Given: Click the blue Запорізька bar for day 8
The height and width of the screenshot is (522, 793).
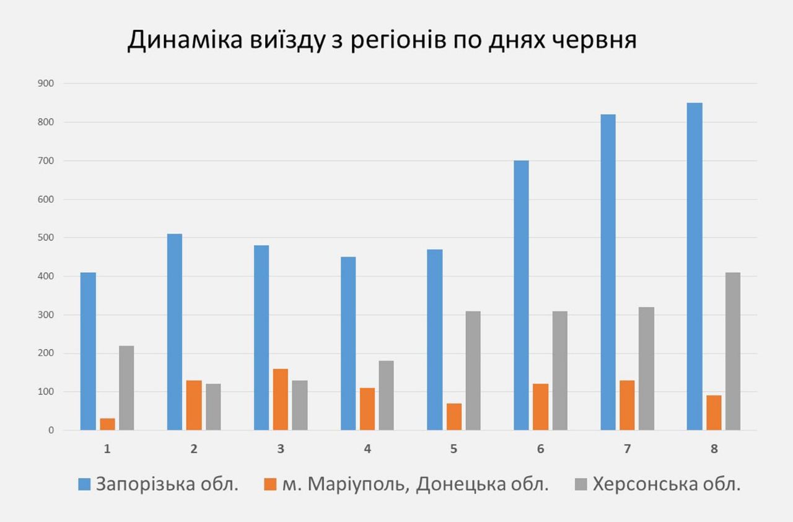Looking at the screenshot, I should pos(694,267).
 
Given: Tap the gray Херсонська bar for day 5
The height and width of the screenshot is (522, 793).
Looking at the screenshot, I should pos(473,371).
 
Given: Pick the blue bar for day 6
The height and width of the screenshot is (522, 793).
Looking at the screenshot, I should pos(521,295).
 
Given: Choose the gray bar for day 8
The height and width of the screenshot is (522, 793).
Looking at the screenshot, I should pos(733,351).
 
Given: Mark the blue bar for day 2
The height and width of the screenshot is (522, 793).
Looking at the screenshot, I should pos(175,332).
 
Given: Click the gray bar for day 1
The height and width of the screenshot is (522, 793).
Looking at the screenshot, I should pos(126,387).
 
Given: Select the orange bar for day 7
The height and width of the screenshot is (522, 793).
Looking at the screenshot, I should pos(627,405).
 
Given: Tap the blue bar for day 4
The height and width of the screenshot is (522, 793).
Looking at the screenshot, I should pos(348,343).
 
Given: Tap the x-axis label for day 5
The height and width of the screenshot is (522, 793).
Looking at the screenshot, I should pos(454,449).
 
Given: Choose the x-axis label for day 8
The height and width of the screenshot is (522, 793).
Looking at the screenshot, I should pos(714,449).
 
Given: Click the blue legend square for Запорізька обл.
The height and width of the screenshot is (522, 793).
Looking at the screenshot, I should pos(84,484).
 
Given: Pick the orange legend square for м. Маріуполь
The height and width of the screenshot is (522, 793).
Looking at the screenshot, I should pos(270,484).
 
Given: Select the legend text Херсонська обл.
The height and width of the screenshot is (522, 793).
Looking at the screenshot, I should pos(667,484).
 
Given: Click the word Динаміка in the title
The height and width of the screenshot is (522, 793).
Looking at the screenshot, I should pos(180,40).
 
